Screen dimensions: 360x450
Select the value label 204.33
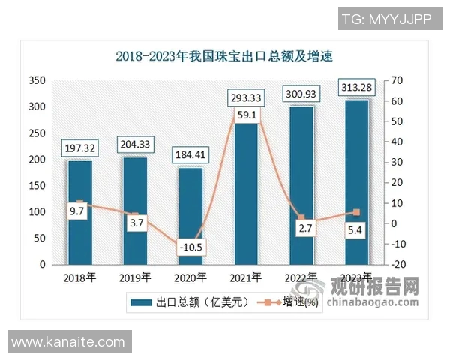tap(135, 143)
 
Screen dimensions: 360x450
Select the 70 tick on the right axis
tap(397, 80)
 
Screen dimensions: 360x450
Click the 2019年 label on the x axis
tap(135, 277)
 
